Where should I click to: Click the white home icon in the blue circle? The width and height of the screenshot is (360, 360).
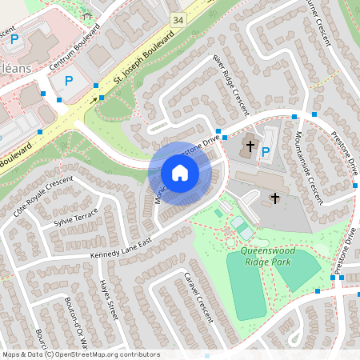click(180, 173)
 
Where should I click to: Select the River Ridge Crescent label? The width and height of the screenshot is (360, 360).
click(230, 84)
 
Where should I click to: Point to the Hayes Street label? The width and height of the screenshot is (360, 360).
click(107, 300)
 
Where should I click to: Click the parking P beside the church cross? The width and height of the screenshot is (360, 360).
click(266, 150)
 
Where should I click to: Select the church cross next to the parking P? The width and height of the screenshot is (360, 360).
click(250, 147)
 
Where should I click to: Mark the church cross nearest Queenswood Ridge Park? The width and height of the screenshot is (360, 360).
click(275, 198)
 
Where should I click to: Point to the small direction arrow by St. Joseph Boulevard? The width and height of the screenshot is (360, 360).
click(99, 100)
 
